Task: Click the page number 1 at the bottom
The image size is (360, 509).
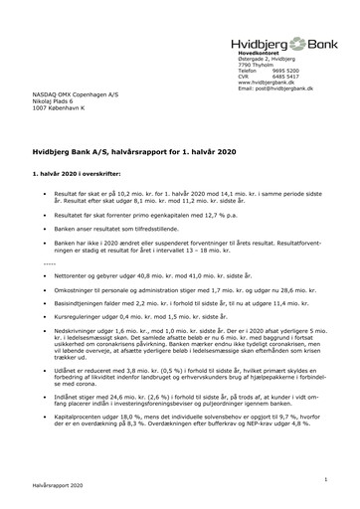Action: (x=338, y=479)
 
